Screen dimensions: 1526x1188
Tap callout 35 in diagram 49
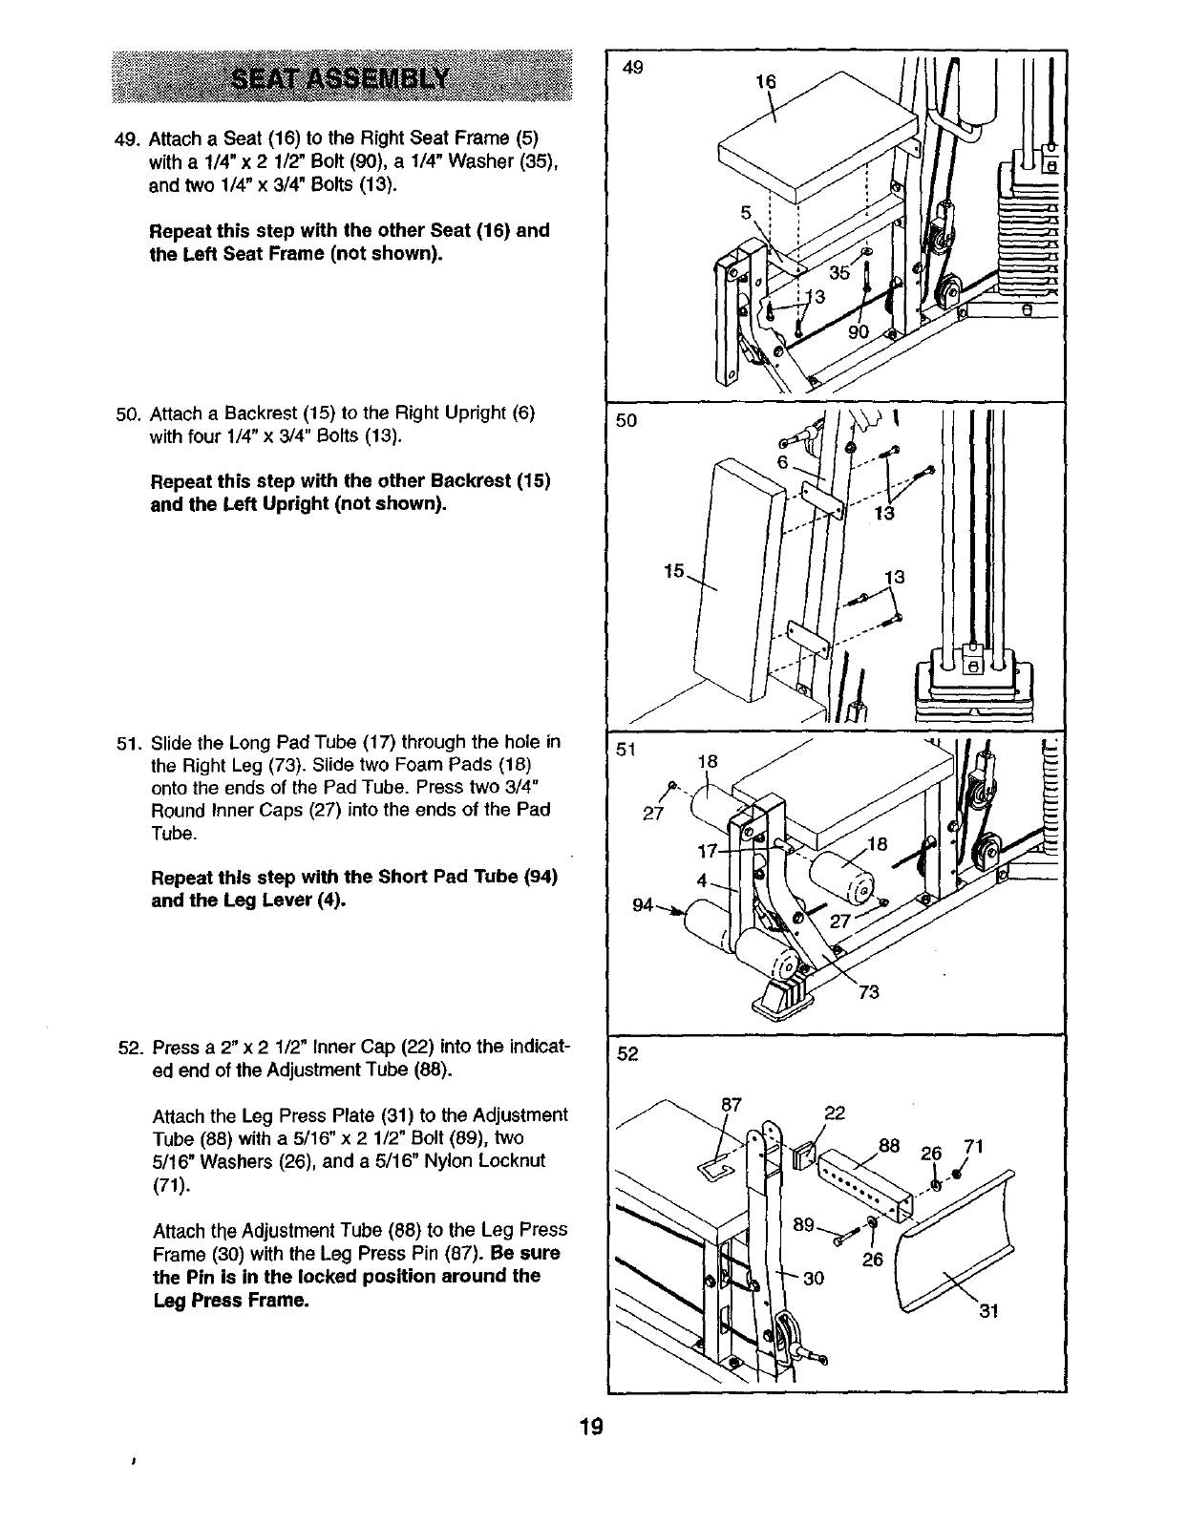tap(839, 272)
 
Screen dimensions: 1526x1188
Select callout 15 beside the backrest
tap(674, 571)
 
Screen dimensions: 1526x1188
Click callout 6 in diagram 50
tap(780, 461)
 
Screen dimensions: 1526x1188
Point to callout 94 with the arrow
tap(644, 904)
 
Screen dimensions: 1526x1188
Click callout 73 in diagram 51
tap(868, 992)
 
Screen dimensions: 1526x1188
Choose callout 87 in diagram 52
tap(732, 1104)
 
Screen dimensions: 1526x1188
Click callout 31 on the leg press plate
tap(988, 1311)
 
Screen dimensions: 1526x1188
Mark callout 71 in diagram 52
tap(974, 1147)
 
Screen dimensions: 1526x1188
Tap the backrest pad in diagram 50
tap(735, 583)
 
